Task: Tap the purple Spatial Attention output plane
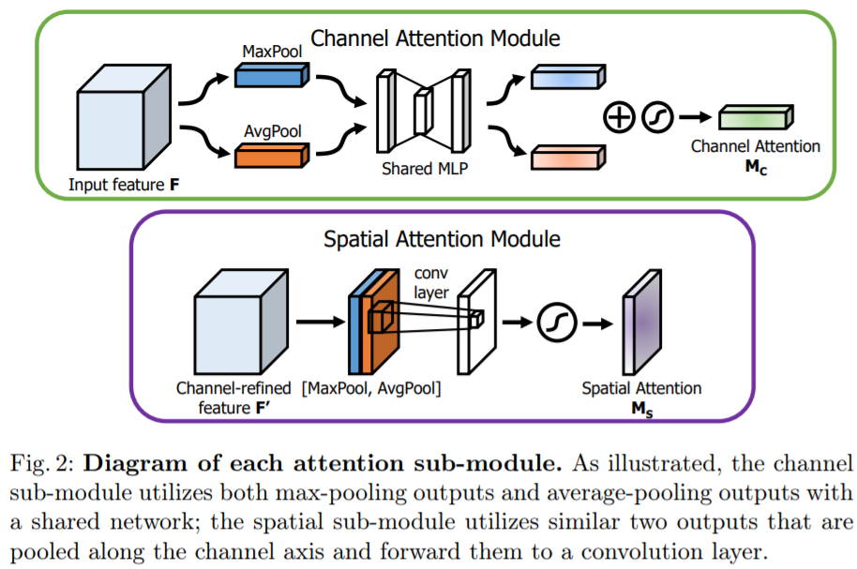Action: point(641,322)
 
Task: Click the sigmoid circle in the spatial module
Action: point(552,323)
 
